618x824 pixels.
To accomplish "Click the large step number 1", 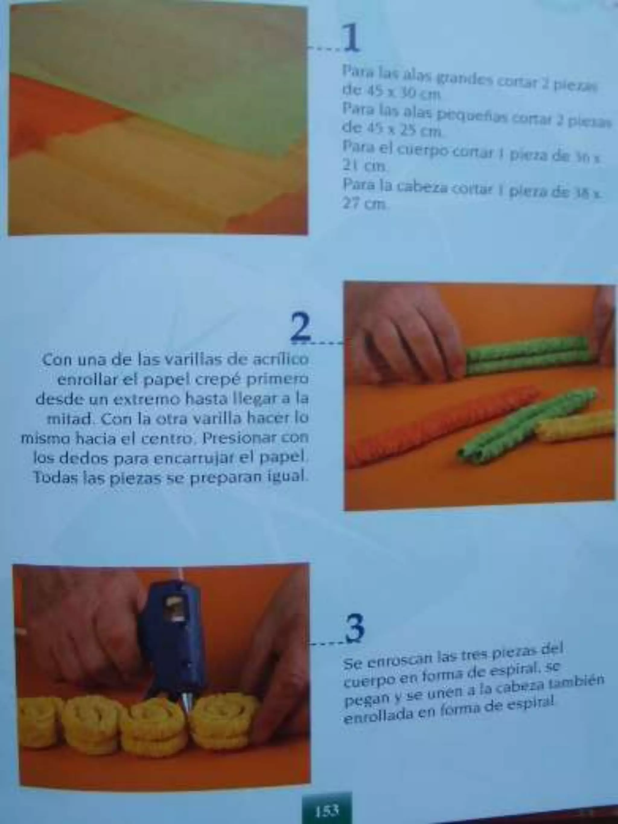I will tap(351, 38).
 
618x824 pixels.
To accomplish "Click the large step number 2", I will tap(301, 326).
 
